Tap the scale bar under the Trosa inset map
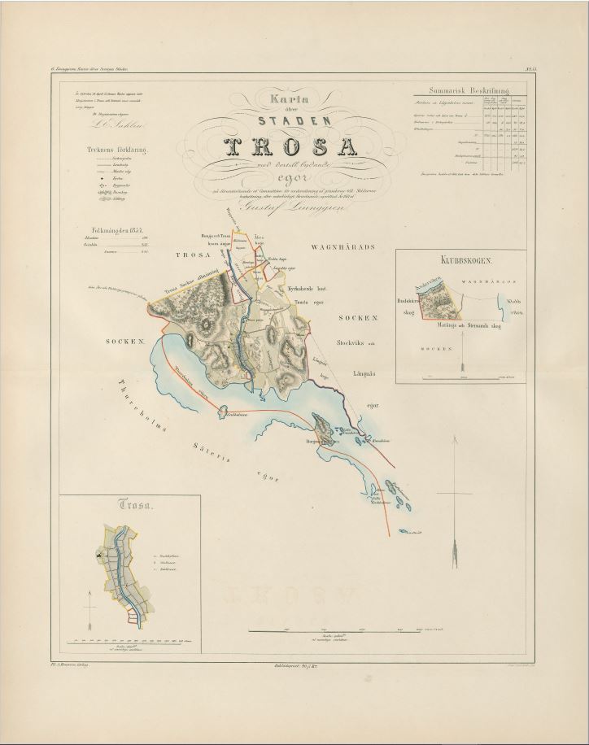tap(134, 642)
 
